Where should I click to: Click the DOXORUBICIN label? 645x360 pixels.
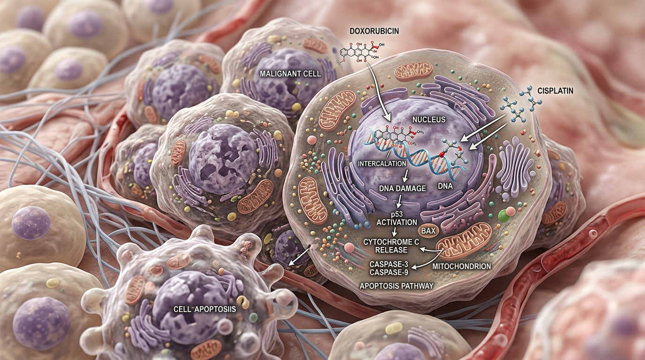tap(375, 31)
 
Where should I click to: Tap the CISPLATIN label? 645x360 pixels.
tap(555, 91)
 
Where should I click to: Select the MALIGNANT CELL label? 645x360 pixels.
tap(290, 74)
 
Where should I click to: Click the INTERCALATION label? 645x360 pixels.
tap(382, 164)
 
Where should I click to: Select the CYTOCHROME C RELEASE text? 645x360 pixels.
tap(391, 246)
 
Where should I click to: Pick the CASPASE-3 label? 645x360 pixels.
tap(389, 264)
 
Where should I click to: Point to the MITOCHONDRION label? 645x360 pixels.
tap(462, 266)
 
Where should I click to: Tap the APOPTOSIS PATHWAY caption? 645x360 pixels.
tap(397, 286)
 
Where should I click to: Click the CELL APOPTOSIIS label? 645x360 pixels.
tap(205, 309)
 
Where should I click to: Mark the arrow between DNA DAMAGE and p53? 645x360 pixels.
tap(399, 201)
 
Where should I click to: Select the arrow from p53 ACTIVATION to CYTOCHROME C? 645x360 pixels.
tap(395, 232)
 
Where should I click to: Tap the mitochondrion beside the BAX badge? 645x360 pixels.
tap(463, 240)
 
